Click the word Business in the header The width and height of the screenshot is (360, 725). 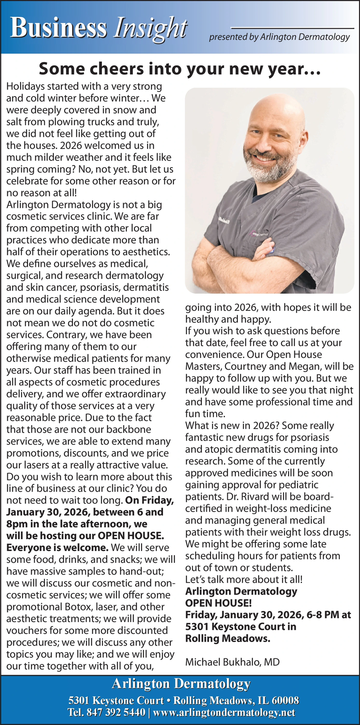pyautogui.click(x=59, y=28)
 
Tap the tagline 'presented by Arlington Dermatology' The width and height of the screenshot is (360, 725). pyautogui.click(x=279, y=37)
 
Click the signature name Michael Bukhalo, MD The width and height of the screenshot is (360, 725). pyautogui.click(x=232, y=662)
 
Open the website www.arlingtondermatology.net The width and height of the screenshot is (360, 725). pyautogui.click(x=224, y=712)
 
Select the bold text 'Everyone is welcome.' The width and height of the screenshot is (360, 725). pyautogui.click(x=57, y=547)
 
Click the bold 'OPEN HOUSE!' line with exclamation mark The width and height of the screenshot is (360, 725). pyautogui.click(x=219, y=603)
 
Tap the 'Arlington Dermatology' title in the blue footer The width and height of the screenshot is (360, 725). pyautogui.click(x=181, y=684)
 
